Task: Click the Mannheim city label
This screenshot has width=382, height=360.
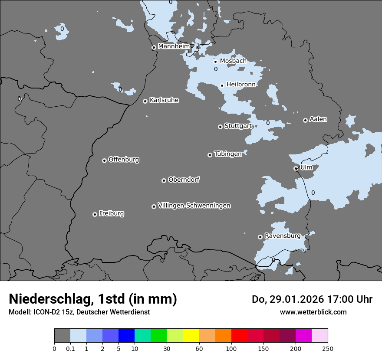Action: (174, 46)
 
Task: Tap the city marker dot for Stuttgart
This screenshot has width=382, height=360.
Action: (220, 127)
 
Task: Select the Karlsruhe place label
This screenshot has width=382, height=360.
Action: (164, 100)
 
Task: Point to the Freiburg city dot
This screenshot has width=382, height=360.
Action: (95, 214)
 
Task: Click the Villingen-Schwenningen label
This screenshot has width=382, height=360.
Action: (194, 206)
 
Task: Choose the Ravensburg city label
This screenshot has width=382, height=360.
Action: (282, 236)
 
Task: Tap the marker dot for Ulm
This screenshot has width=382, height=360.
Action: (296, 168)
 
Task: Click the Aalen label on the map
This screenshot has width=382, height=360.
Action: (318, 119)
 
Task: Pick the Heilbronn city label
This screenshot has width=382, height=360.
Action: (241, 85)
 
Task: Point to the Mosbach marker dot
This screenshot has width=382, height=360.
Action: (215, 62)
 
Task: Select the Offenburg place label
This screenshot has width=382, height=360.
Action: (124, 160)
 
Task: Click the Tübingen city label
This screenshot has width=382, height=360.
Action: (228, 154)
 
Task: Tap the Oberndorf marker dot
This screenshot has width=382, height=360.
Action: (164, 180)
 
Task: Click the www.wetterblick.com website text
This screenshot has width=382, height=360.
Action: (313, 312)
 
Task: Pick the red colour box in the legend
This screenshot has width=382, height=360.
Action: (239, 336)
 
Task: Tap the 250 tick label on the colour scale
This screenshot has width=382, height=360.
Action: (328, 348)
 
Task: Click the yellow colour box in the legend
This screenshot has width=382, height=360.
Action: (191, 336)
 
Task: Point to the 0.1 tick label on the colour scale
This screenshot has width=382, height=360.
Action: (70, 348)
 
